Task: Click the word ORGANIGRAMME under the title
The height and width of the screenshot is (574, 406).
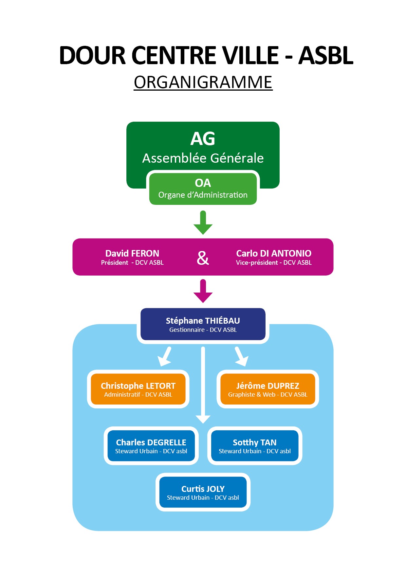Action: [203, 82]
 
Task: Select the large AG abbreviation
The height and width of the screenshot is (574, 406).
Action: [203, 139]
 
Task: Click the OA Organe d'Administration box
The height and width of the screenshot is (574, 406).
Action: [203, 189]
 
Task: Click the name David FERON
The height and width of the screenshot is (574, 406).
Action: [132, 253]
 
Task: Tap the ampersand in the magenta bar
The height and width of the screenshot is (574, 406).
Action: [203, 258]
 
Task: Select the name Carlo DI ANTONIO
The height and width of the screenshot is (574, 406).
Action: [274, 253]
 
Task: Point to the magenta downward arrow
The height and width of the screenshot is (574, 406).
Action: [203, 291]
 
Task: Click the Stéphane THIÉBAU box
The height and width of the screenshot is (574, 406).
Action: [203, 324]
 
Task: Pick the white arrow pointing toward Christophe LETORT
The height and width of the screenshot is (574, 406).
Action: [165, 357]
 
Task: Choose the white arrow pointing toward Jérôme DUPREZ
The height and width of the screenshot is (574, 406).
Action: [241, 357]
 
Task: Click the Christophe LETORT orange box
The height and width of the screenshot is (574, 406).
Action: [138, 389]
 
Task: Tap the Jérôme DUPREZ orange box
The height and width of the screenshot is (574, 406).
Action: [268, 389]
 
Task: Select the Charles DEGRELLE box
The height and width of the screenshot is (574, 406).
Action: [151, 446]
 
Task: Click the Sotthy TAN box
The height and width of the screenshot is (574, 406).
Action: [254, 446]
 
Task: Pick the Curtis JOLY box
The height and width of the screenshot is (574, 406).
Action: [203, 492]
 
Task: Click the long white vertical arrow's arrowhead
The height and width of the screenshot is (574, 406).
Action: [203, 419]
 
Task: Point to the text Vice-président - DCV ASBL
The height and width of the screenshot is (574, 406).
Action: [274, 263]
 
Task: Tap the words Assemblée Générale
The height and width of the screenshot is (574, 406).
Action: [203, 158]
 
